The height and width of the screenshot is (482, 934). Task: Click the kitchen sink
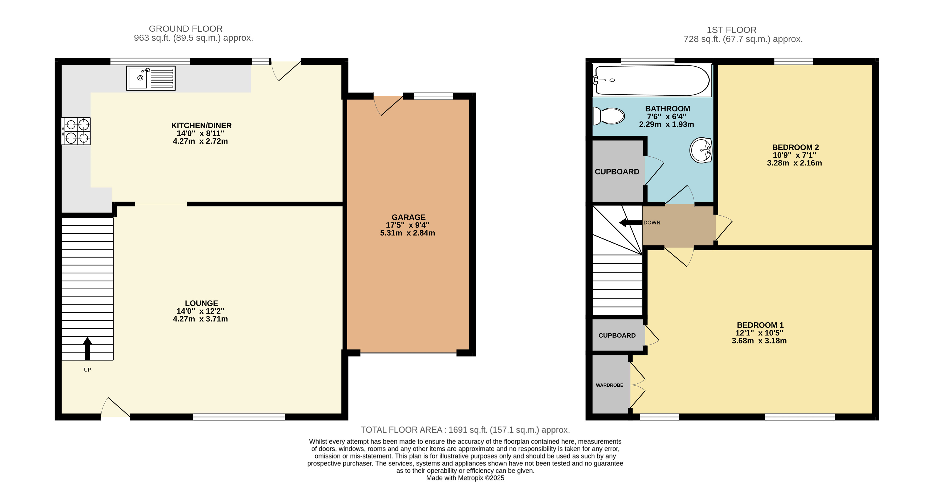point(151,78)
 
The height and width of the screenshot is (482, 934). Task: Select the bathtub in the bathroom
point(651,80)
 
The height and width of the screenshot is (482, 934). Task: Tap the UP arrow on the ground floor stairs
point(87,349)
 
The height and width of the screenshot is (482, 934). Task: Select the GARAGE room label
point(409,217)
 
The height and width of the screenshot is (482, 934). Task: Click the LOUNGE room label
point(202,303)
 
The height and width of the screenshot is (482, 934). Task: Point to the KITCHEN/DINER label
point(202,125)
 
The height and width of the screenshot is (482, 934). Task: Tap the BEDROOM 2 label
point(796,147)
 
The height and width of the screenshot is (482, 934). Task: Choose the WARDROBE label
point(610,385)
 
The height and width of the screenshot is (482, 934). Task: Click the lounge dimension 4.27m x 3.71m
point(201,319)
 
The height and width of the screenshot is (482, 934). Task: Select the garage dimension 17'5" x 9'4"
point(407,225)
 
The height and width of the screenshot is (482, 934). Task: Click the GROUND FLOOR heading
point(186,29)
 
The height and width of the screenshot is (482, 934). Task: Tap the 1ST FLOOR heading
point(732,30)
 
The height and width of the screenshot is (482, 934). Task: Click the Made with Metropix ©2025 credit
point(465,478)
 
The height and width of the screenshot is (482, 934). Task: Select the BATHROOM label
point(667,109)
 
